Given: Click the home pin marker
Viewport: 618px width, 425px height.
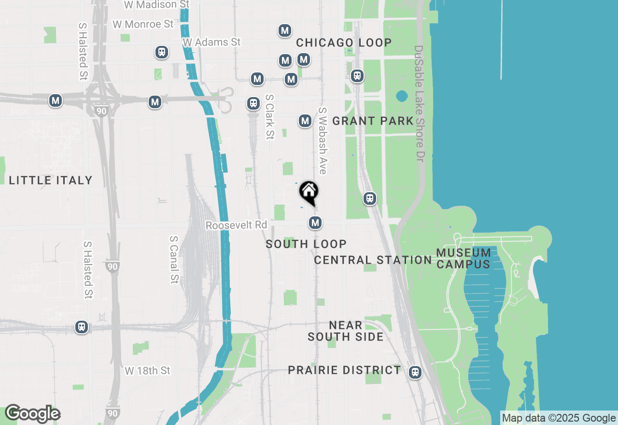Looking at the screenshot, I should pos(309,193).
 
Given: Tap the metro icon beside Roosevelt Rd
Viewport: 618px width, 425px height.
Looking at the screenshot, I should pos(315,223).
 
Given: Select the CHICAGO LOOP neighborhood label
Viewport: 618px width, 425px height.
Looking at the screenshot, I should pos(344,42).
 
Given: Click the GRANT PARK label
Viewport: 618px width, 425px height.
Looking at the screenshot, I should pos(373,121).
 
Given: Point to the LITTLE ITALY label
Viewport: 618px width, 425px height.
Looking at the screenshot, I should pos(51,181).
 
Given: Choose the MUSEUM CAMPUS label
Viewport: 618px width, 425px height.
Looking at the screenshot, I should pos(463,258).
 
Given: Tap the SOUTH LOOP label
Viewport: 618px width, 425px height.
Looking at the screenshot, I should pos(306,244).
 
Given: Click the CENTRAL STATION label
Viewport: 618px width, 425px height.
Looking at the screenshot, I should pos(373,260).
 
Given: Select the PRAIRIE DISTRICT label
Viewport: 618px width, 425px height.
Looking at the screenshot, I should pos(344,370).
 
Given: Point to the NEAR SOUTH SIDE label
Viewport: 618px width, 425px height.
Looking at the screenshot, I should pos(346,331).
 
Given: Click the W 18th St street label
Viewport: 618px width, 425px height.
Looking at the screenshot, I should pos(148,371).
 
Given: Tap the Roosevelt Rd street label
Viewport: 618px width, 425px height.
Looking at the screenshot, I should pos(236,226).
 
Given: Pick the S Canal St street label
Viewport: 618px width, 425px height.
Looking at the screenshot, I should pos(174,259).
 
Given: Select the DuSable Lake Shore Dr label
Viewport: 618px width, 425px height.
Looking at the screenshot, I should pos(419,103).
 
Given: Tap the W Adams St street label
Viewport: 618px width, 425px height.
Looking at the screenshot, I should pos(211,42).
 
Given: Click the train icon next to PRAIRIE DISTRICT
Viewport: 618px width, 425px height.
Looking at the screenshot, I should pos(415,372).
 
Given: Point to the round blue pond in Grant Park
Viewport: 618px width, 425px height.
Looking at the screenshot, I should pos(402,96).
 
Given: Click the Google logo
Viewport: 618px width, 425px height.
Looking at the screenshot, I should pos(33,413).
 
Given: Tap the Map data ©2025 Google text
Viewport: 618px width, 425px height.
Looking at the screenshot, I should pos(559,418).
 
